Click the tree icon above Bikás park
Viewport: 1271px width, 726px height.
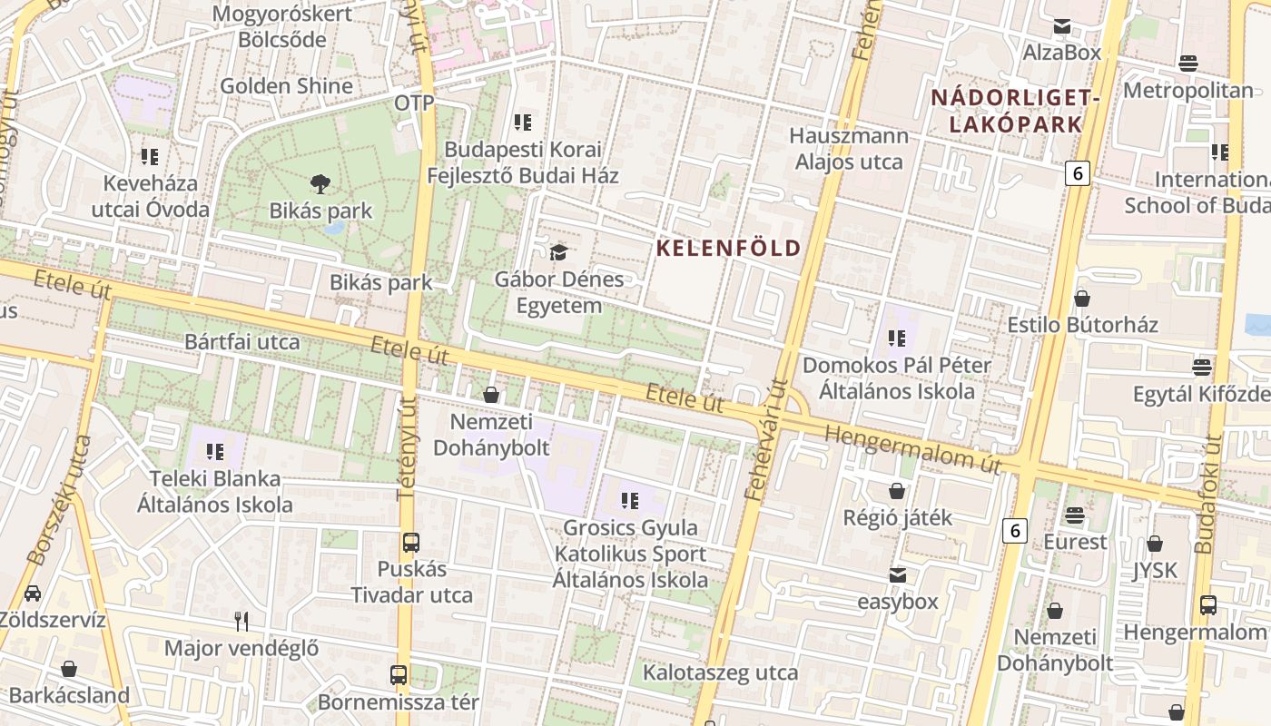click(320, 184)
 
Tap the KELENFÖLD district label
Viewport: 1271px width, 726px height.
click(729, 248)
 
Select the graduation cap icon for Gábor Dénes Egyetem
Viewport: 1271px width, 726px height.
click(558, 251)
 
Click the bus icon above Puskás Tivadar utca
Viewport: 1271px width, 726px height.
click(411, 543)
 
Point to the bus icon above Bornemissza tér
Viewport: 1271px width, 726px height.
click(399, 675)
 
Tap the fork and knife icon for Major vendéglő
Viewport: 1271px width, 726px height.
click(241, 622)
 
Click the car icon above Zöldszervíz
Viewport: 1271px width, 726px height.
click(33, 594)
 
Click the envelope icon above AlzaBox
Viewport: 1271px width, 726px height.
click(1061, 26)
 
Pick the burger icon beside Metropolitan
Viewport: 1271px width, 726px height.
click(1187, 63)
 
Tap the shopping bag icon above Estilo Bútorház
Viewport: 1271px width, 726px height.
click(1081, 298)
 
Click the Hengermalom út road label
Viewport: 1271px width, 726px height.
click(912, 449)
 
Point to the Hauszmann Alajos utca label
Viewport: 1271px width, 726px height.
click(849, 149)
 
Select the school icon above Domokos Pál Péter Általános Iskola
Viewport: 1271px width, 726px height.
click(897, 338)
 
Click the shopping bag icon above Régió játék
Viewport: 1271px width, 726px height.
click(897, 491)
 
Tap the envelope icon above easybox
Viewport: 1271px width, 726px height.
click(897, 575)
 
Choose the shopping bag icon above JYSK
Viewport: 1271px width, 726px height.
click(1155, 544)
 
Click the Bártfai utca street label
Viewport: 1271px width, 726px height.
click(241, 342)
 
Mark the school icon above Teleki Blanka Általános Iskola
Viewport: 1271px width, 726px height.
click(215, 451)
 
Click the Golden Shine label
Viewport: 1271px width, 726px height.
click(286, 86)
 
